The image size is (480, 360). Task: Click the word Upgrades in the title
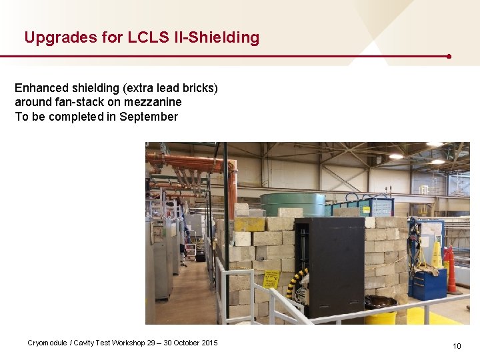point(52,37)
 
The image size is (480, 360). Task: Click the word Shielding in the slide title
point(224,37)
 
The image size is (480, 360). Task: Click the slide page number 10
point(457,345)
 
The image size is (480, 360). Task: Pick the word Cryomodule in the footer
point(47,343)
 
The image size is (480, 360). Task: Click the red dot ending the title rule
point(449,57)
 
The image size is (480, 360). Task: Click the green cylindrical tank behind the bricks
point(292,203)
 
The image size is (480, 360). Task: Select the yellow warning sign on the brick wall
point(271,279)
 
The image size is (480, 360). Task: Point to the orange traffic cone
point(453,270)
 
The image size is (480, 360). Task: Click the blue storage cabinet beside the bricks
point(427,282)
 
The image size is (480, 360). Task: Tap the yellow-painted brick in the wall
point(249,224)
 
